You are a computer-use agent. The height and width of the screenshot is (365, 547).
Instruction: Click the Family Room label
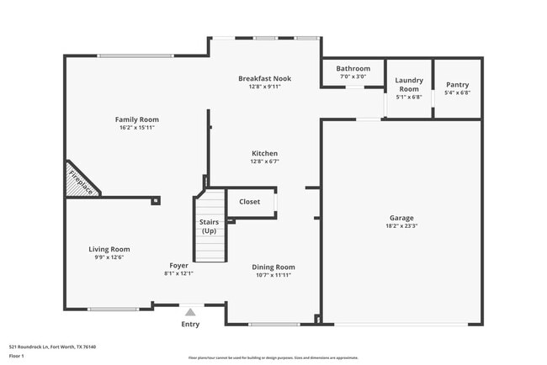click(136, 119)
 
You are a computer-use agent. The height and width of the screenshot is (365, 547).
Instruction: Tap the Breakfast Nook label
click(263, 77)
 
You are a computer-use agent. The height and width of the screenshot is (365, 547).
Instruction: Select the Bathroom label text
click(353, 68)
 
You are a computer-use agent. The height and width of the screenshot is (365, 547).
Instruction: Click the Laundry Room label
click(408, 84)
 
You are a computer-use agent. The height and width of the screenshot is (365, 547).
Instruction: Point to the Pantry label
click(457, 84)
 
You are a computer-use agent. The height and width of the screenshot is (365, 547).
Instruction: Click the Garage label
click(401, 217)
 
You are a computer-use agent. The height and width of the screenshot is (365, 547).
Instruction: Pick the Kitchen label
click(263, 153)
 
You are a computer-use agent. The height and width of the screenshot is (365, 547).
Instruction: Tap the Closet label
click(249, 202)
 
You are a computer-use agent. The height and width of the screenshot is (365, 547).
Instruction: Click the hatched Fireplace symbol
click(80, 182)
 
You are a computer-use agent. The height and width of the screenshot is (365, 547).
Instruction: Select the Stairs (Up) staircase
click(210, 227)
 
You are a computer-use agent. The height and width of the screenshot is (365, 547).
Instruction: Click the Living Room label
click(109, 249)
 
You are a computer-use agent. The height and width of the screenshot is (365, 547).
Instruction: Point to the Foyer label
click(178, 265)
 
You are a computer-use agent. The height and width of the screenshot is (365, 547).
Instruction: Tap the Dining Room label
click(273, 267)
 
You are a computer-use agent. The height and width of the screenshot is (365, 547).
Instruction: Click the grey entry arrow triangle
click(190, 311)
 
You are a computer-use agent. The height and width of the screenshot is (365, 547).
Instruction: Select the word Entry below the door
click(191, 325)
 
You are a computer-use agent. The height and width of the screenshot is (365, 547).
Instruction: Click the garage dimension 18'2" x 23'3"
click(401, 225)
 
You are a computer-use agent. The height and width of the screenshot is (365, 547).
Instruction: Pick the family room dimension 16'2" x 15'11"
click(136, 128)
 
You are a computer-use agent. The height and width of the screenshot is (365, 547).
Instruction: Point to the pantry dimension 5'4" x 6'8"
click(457, 93)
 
